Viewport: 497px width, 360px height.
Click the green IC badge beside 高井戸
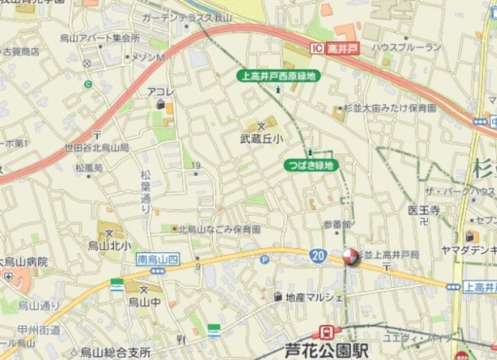[316, 49]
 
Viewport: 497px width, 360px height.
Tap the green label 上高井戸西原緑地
[277, 76]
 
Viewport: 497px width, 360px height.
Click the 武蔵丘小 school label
[261, 139]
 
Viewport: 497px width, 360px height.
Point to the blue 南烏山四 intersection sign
[153, 258]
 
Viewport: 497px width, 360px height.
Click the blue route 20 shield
[318, 255]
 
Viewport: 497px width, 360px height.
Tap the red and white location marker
[350, 258]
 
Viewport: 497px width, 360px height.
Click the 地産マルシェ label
[314, 297]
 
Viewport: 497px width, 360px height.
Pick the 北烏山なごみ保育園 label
[219, 230]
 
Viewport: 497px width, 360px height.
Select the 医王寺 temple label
[424, 210]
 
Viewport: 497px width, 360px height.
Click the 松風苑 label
[89, 167]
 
